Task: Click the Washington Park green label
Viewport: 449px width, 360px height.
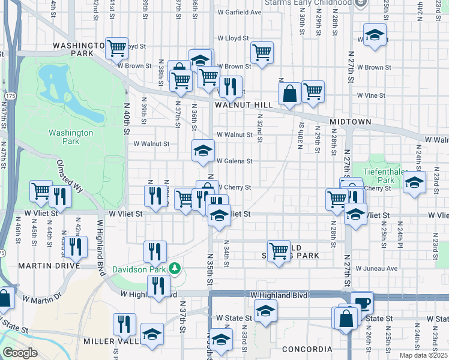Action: (71, 137)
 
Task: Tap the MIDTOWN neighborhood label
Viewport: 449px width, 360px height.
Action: (351, 122)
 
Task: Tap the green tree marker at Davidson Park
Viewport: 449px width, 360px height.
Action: (175, 268)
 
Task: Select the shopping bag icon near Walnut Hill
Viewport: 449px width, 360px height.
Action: (289, 94)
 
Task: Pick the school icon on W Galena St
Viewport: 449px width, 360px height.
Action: (203, 151)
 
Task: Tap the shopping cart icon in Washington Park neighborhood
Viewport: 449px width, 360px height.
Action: (116, 47)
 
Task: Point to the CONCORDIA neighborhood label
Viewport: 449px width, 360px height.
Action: (310, 349)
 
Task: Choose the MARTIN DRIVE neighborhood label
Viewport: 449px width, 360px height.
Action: (24, 265)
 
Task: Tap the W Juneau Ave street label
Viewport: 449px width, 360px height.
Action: (377, 268)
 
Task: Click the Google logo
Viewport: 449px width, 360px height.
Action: (20, 353)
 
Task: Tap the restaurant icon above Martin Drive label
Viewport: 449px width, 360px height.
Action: (76, 246)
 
